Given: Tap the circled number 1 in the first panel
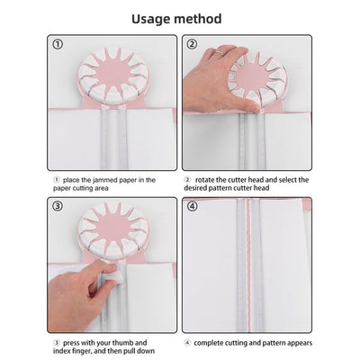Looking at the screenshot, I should click(x=58, y=44).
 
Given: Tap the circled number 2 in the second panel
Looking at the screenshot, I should click(x=192, y=44).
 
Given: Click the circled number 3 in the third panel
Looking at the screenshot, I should click(x=58, y=207).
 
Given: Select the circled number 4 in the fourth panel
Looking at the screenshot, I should click(x=192, y=207).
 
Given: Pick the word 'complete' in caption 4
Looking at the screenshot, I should click(x=209, y=343).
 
